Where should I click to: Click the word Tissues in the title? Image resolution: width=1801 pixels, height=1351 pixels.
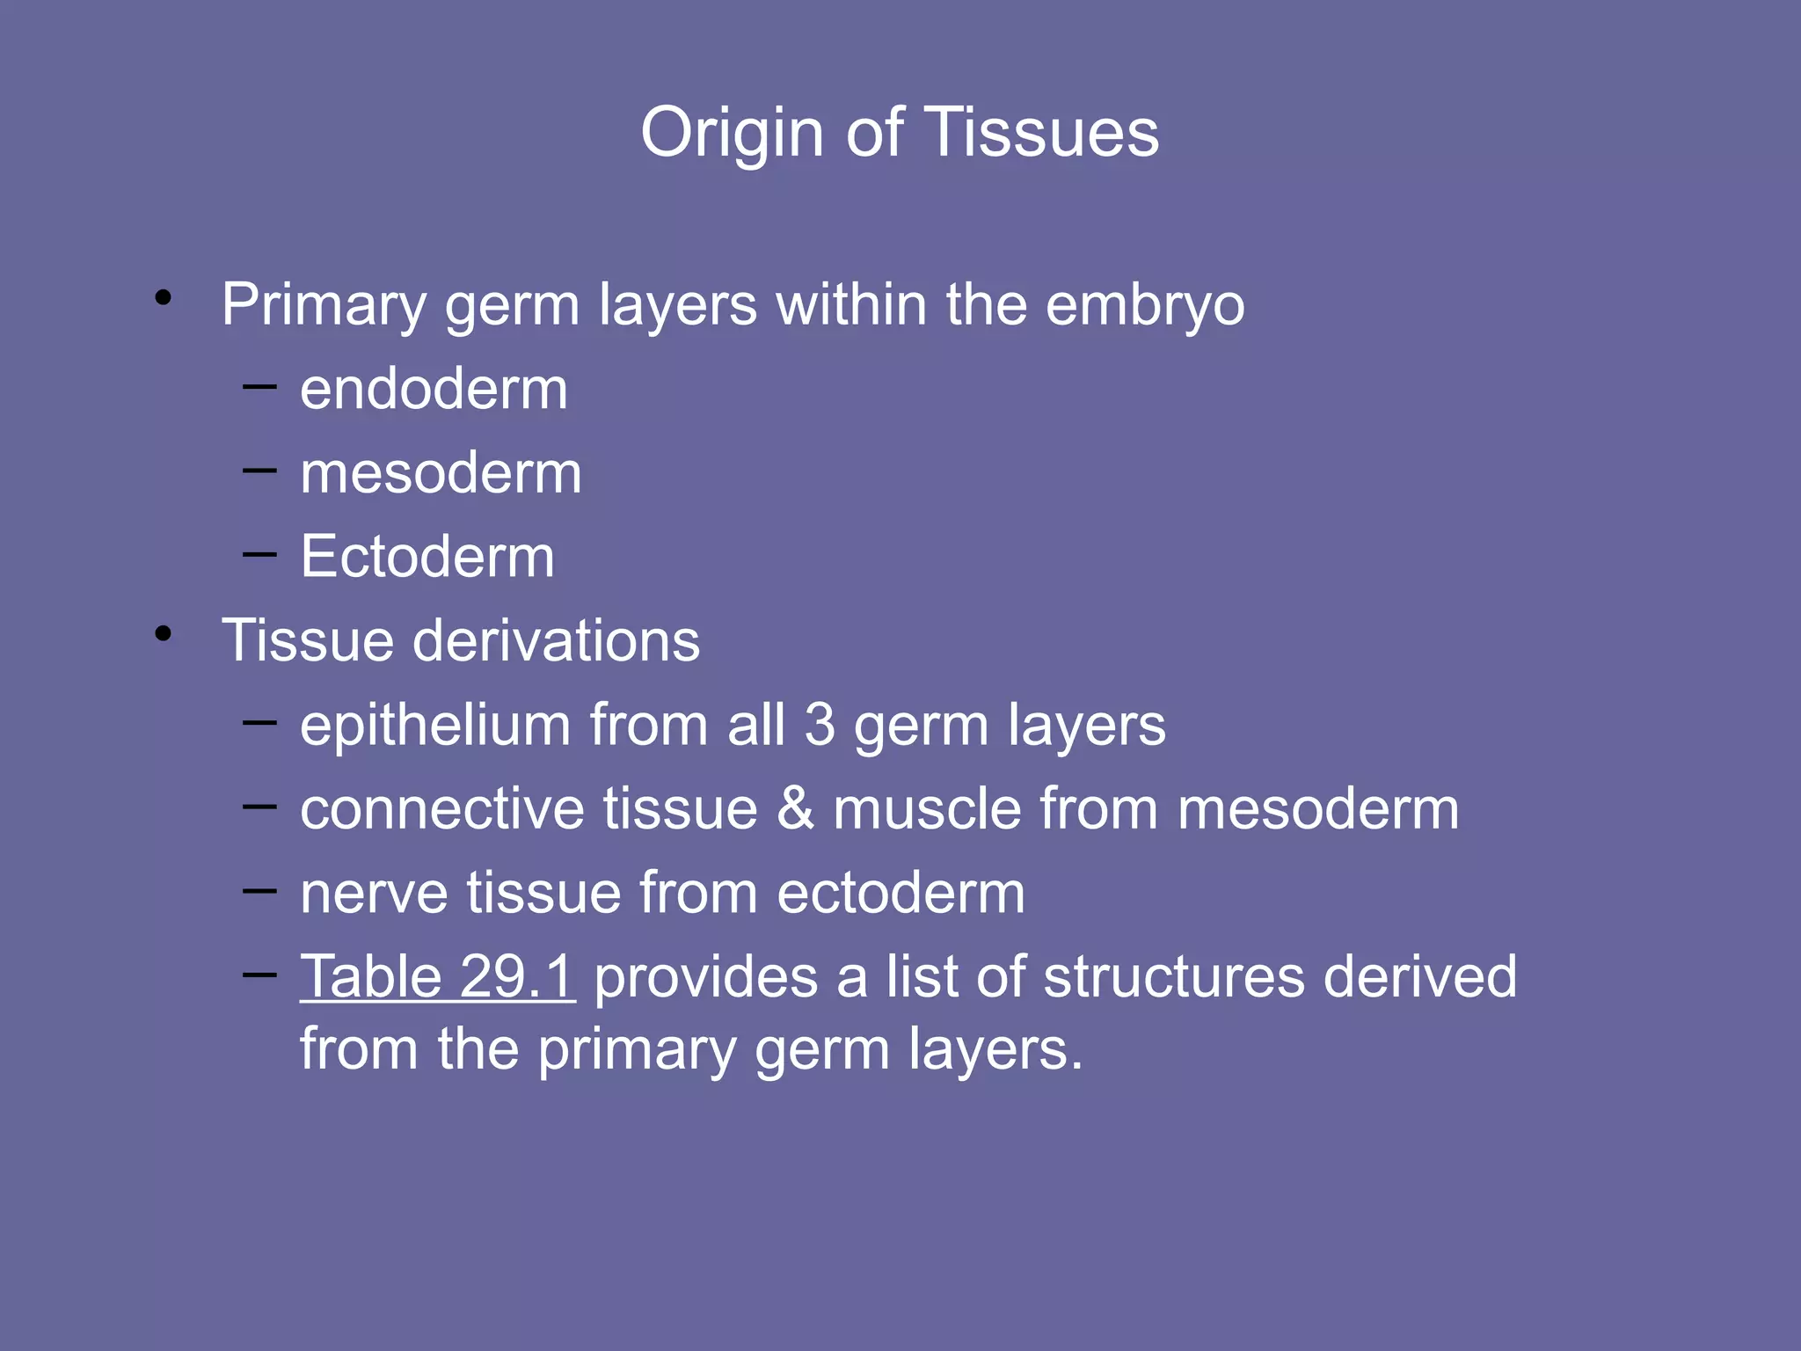1042,134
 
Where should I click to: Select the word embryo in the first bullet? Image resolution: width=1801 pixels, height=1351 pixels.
1145,306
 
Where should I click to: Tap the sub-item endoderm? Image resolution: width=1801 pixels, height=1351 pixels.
434,389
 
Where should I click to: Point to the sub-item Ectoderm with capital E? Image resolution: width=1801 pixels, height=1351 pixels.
427,557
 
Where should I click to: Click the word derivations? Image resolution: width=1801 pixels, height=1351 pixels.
556,640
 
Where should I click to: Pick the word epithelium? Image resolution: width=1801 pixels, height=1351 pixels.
435,726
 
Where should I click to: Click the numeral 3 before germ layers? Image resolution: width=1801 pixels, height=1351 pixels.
820,726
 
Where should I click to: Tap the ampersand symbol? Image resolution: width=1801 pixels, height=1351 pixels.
795,809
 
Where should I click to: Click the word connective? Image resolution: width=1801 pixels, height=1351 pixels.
442,809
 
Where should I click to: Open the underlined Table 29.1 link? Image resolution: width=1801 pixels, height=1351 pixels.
437,977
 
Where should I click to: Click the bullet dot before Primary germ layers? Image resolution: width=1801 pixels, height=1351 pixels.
163,298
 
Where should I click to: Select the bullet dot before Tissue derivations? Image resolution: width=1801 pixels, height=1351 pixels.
163,633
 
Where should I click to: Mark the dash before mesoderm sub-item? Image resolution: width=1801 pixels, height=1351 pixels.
259,470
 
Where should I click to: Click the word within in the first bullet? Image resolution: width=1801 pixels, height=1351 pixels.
850,306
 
